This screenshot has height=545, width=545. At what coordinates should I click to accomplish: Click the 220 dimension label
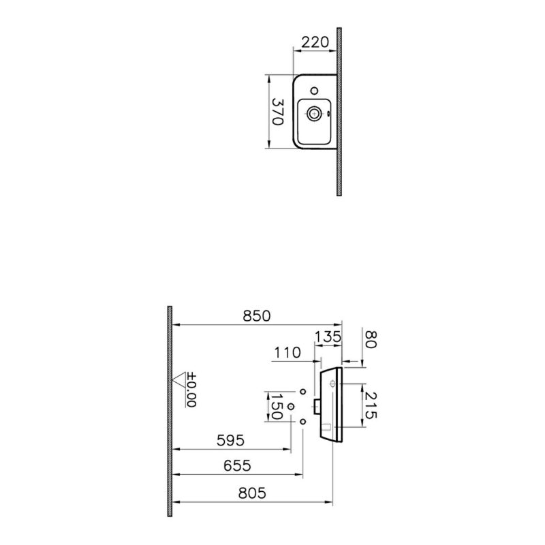[315, 42]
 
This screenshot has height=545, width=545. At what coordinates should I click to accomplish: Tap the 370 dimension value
[278, 112]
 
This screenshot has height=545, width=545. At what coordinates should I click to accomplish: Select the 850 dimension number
[257, 316]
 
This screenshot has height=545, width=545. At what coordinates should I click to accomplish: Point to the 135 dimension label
[328, 337]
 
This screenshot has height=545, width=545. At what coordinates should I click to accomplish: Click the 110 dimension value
[287, 353]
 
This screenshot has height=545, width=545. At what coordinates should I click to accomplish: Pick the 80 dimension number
[371, 339]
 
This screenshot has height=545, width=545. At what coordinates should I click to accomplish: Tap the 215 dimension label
[371, 405]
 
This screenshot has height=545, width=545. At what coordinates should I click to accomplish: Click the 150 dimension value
[277, 406]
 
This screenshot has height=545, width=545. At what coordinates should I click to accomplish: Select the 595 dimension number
[230, 440]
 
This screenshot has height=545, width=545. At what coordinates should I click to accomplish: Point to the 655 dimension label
[237, 465]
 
